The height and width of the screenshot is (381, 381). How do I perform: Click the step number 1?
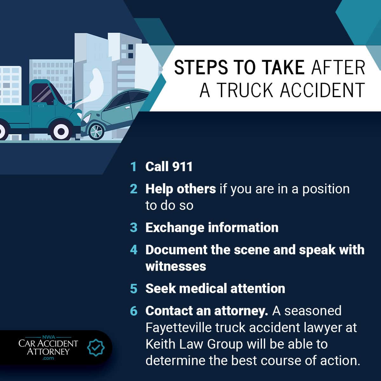[133, 167]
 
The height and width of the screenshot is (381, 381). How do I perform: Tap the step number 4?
[134, 250]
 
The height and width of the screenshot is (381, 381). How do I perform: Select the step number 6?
[134, 311]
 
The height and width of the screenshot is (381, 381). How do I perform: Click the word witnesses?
[176, 266]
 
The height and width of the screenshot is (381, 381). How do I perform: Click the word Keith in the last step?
[159, 344]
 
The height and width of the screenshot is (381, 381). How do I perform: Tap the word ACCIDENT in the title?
[322, 90]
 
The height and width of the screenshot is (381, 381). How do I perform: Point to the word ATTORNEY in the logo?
[48, 351]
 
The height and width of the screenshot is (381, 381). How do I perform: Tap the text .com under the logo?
[48, 358]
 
